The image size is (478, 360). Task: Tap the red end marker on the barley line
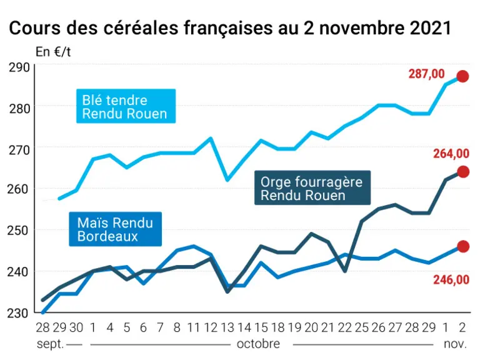[x=463, y=172]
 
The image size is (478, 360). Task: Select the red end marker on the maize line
[x=463, y=246]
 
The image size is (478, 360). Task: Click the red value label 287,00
[x=427, y=74]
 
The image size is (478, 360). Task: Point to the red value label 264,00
[x=451, y=154]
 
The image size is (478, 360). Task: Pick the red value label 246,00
[x=451, y=279]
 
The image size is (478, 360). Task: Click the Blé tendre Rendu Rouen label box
[x=126, y=106]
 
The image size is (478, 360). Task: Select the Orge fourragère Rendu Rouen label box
[x=312, y=187]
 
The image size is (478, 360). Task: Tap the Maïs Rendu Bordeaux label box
[x=115, y=229]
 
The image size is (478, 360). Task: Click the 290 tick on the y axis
[x=19, y=67]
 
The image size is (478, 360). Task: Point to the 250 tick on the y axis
[x=19, y=231]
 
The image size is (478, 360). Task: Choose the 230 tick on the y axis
[x=19, y=313]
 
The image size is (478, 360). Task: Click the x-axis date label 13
[x=227, y=327]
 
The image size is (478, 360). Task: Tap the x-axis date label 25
[x=362, y=327]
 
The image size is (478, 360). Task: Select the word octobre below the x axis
[x=258, y=344]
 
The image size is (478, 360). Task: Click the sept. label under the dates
[x=51, y=344]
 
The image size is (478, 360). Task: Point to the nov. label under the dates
[x=456, y=344]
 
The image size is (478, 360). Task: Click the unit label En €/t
[x=53, y=52]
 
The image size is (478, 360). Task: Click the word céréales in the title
[x=141, y=28]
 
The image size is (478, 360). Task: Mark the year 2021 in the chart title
[x=431, y=28]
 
